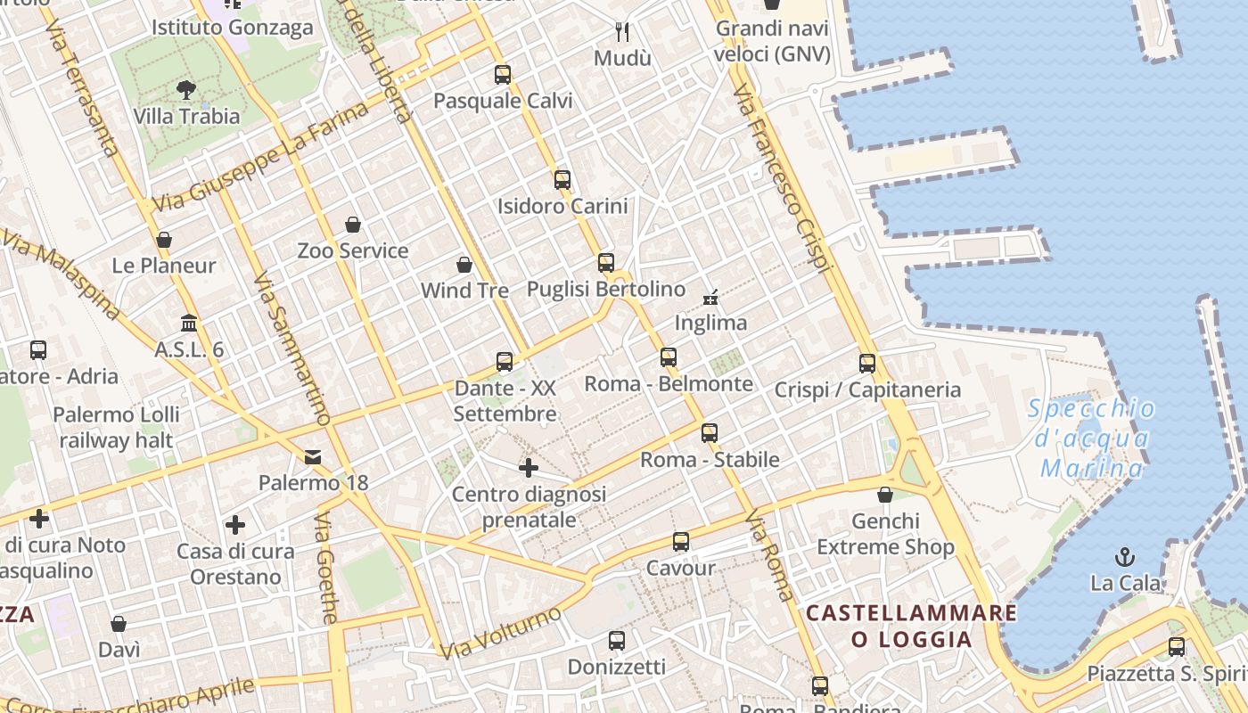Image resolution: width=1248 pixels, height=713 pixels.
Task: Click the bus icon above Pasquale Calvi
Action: point(503,75)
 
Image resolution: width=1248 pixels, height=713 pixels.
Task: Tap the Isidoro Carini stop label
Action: point(562,206)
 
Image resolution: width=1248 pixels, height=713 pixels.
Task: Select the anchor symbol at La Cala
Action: point(1125,558)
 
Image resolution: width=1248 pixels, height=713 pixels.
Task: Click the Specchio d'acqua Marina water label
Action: point(1091,438)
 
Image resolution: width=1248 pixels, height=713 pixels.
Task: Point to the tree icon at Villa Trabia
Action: point(186,89)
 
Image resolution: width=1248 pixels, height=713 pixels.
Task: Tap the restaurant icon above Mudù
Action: point(623,32)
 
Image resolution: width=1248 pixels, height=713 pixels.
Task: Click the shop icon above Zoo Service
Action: point(353,225)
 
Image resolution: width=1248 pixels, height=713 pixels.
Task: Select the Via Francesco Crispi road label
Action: point(782,178)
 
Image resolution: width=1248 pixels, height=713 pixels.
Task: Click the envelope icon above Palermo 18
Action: point(313,457)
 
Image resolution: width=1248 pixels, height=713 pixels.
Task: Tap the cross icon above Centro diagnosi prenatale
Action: point(529,467)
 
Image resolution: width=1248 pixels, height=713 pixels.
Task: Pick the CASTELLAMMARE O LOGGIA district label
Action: point(911,626)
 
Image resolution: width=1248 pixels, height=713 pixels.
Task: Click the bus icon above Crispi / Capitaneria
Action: point(867,364)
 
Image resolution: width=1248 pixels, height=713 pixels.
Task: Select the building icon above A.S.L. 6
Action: point(189,323)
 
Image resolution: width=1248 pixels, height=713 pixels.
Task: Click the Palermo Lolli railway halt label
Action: point(117,428)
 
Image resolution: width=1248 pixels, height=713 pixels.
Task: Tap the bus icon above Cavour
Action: point(681,542)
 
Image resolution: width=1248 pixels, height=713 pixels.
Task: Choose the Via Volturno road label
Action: point(502,634)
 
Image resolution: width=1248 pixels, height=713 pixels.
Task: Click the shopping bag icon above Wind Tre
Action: point(464,265)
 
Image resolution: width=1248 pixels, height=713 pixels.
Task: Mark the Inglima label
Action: point(710,323)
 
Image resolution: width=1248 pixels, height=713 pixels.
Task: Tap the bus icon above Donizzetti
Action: point(617,641)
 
